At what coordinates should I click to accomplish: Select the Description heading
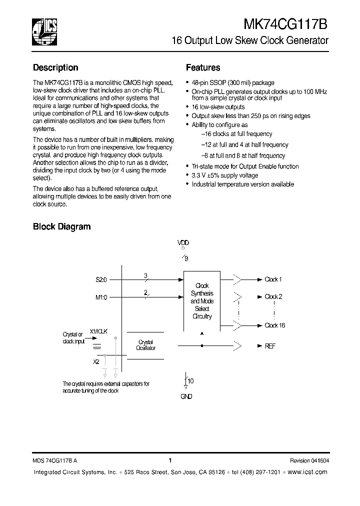tap(55, 68)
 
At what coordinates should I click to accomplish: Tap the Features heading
tap(203, 68)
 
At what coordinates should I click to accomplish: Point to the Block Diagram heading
tap(61, 226)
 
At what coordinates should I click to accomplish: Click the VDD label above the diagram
tap(183, 243)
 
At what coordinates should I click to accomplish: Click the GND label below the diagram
tap(185, 396)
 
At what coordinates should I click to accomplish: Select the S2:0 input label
tap(101, 280)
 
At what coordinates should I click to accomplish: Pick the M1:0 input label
tap(101, 297)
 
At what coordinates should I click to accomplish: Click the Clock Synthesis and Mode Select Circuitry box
tap(202, 301)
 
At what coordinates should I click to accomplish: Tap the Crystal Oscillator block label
tap(146, 345)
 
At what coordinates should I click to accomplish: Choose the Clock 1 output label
tap(273, 280)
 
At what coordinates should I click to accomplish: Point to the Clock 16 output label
tap(274, 325)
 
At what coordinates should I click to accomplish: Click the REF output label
tap(270, 346)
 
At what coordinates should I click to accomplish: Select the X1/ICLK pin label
tap(98, 331)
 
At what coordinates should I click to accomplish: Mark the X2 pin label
tap(96, 361)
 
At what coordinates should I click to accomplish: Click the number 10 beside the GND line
tap(190, 381)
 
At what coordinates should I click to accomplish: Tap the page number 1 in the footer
tap(170, 461)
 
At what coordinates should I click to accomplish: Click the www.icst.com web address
tap(308, 472)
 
